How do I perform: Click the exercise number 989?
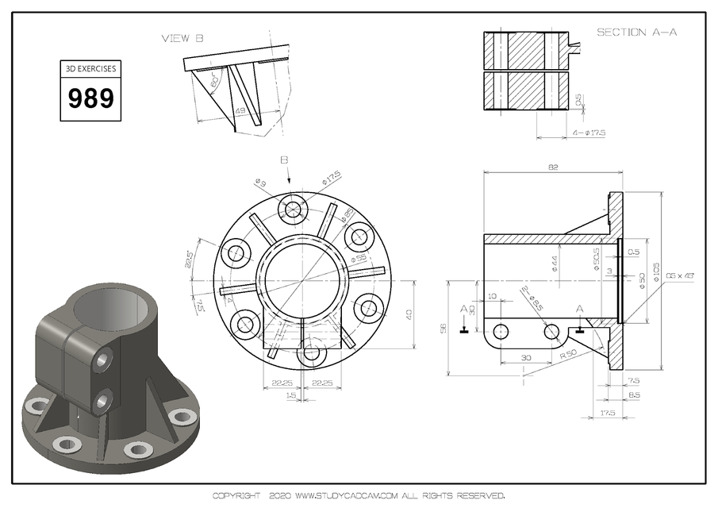pyautogui.click(x=91, y=99)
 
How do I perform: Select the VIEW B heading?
pyautogui.click(x=182, y=38)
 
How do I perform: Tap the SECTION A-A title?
pyautogui.click(x=631, y=33)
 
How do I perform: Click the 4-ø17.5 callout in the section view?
pyautogui.click(x=588, y=133)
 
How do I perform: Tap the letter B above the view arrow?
pyautogui.click(x=284, y=160)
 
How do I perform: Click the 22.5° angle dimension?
pyautogui.click(x=189, y=260)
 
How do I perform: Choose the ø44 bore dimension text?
pyautogui.click(x=555, y=263)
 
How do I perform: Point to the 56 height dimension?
pyautogui.click(x=443, y=327)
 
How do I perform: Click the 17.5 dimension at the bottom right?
pyautogui.click(x=609, y=413)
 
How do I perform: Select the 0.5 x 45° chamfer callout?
pyautogui.click(x=681, y=275)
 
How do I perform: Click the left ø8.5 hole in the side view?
pyautogui.click(x=501, y=331)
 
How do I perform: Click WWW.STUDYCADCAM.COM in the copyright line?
pyautogui.click(x=345, y=496)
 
